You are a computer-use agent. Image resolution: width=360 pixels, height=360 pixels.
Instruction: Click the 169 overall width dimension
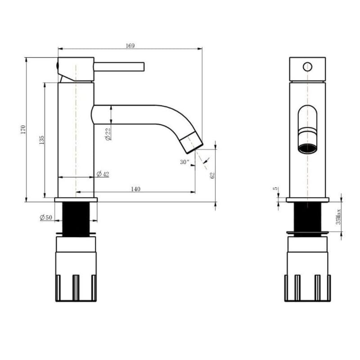point(130,45)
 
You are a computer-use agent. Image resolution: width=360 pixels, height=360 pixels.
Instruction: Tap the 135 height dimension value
point(41,140)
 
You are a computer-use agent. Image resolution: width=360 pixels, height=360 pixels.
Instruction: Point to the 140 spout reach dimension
point(135,189)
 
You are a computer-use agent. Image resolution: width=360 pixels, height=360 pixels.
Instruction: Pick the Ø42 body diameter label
point(103,174)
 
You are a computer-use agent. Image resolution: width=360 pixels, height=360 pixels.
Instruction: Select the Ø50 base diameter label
point(46,218)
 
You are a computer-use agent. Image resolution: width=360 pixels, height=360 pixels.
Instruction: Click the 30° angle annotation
point(184,162)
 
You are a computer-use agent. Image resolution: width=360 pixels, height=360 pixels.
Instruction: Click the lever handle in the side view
point(119,67)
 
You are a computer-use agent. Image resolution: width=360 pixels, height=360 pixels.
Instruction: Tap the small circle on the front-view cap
point(307,67)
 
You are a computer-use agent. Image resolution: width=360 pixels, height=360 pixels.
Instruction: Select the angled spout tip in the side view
point(193,142)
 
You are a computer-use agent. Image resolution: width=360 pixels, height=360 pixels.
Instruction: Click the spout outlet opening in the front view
point(307,148)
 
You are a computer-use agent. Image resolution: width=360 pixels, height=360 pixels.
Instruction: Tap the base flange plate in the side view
point(76,199)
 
